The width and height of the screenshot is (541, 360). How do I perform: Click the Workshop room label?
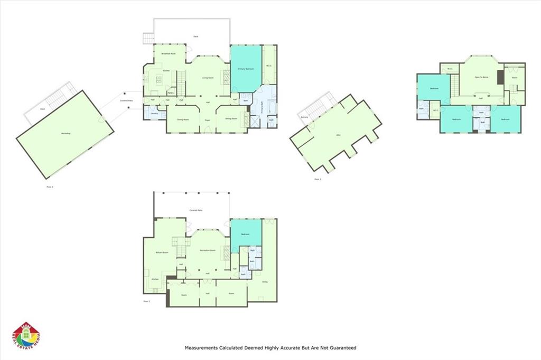[66, 133]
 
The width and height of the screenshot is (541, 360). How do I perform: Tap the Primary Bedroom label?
[246, 69]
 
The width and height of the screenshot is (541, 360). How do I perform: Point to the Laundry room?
[154, 114]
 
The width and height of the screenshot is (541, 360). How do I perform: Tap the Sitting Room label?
[231, 118]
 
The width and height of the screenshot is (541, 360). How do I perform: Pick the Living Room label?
[208, 78]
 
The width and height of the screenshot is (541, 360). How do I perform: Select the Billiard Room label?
[162, 253]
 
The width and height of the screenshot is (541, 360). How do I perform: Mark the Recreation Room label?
[208, 250]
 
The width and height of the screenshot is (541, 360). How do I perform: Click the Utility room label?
[265, 282]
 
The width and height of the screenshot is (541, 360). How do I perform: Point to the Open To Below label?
[481, 77]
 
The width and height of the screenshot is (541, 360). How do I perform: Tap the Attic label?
[338, 135]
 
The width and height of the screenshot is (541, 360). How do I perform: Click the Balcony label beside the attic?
[304, 117]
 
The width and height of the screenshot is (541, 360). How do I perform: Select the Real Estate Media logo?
[26, 336]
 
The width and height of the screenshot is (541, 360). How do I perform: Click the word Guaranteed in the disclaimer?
[341, 348]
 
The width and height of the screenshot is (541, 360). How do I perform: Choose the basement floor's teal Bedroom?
[246, 233]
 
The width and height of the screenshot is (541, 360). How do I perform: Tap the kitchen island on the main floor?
[159, 79]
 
